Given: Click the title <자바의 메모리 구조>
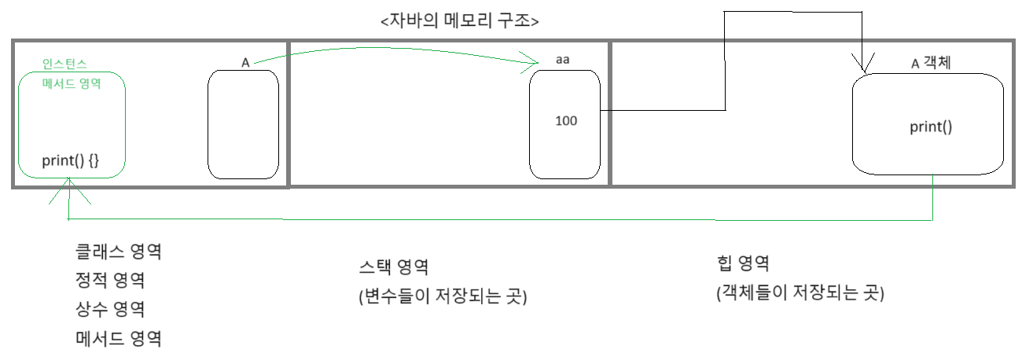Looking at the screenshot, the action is tap(459, 21).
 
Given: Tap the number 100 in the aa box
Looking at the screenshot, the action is tap(566, 121).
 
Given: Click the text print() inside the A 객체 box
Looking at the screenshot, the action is tap(931, 127).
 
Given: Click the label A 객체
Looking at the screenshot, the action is tap(931, 64).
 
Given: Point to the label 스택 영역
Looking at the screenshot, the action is tap(393, 267).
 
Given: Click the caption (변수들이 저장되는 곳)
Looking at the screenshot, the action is tap(442, 297).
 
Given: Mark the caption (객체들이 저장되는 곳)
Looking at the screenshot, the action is tap(800, 293).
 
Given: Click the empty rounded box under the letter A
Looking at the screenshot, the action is tap(243, 124).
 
